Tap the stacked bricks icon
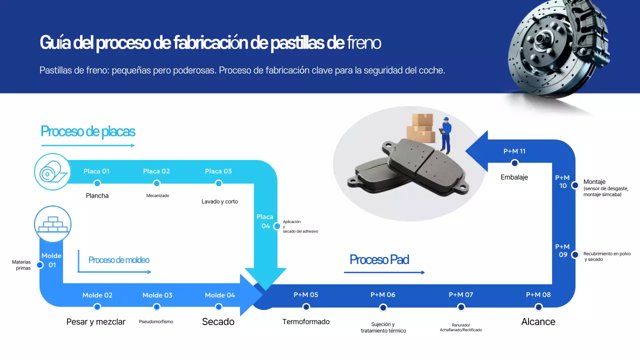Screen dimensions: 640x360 (x=52, y=224)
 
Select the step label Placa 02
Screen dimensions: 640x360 (x=156, y=171)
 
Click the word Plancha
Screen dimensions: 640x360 (x=97, y=195)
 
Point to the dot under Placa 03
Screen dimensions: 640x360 (x=218, y=183)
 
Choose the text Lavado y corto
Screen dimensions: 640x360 (x=219, y=201)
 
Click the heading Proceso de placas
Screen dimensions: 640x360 (x=88, y=131)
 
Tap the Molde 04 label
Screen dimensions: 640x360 (x=219, y=295)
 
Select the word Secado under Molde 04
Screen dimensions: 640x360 (x=218, y=321)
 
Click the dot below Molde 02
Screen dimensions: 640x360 (x=97, y=306)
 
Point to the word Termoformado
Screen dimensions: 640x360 (x=306, y=321)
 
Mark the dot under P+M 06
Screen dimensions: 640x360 (x=383, y=307)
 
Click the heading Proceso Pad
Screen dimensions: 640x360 (x=379, y=259)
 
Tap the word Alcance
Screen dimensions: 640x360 (x=538, y=321)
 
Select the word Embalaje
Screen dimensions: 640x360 (x=514, y=177)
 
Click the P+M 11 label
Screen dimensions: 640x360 (x=514, y=151)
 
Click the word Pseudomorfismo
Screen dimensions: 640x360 (x=156, y=321)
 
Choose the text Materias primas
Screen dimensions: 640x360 (x=21, y=265)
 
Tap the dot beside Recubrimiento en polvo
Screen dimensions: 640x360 (x=575, y=254)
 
